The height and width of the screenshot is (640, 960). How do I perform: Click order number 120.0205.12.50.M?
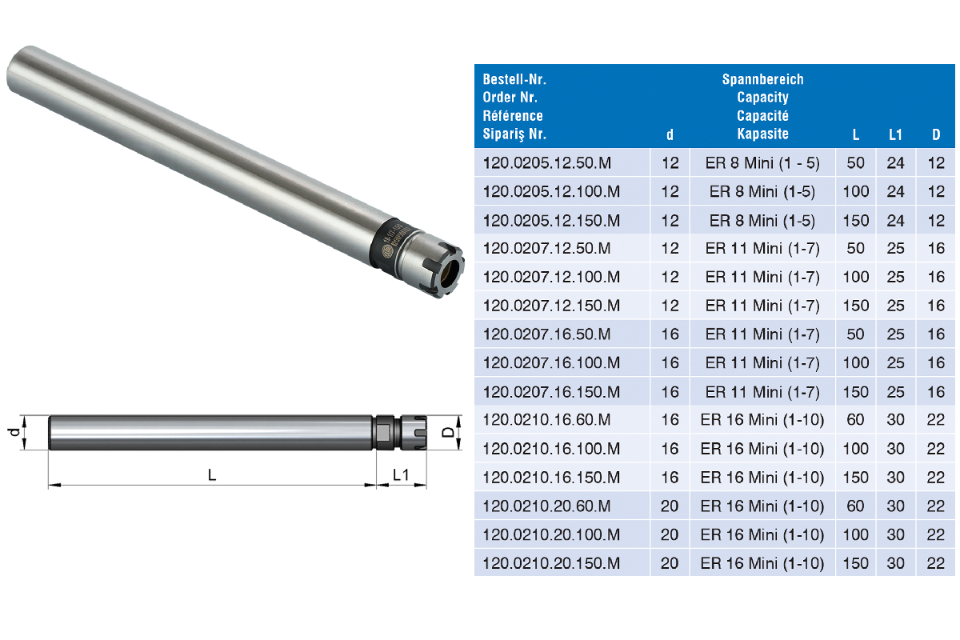point(547,163)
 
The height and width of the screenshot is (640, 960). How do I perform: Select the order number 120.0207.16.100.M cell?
point(551,363)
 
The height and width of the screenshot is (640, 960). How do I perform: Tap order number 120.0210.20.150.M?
point(551,563)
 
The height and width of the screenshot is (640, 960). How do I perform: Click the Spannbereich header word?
point(763,79)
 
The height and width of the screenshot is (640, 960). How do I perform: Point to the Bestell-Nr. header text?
point(514,79)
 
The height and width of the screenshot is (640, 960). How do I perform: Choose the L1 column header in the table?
point(895,135)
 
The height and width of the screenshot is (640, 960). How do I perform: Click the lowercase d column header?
point(670,135)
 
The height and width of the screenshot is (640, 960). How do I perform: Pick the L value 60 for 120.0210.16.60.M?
point(855,420)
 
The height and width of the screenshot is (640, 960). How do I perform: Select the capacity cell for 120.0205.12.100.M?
point(762,192)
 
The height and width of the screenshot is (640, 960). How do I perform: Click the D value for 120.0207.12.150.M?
point(936,306)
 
